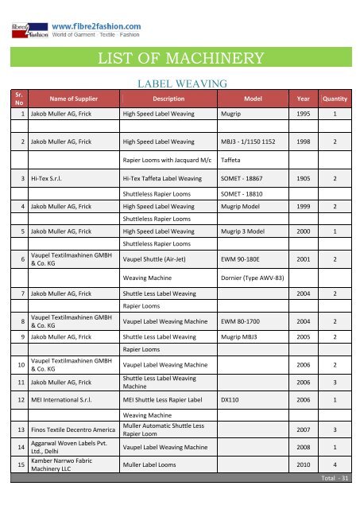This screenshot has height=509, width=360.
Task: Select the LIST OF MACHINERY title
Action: pyautogui.click(x=180, y=57)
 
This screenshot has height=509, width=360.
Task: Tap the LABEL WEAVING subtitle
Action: pyautogui.click(x=183, y=83)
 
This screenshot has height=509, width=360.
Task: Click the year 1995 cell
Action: pyautogui.click(x=303, y=115)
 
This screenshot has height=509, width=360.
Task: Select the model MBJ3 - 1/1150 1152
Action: pyautogui.click(x=250, y=142)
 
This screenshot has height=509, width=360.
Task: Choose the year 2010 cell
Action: pyautogui.click(x=303, y=464)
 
